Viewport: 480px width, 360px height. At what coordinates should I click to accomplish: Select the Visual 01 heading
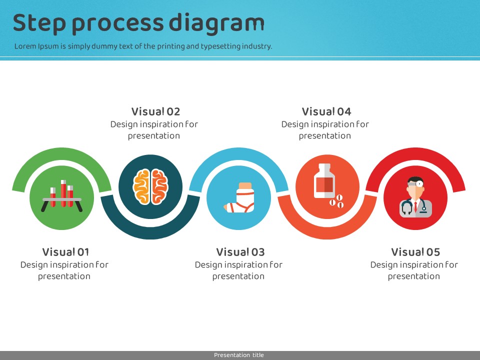pos(65,252)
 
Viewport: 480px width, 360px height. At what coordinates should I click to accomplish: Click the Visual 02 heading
pos(155,111)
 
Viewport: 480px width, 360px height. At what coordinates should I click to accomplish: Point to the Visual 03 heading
pos(240,252)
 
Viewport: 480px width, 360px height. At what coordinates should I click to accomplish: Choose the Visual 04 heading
pos(326,111)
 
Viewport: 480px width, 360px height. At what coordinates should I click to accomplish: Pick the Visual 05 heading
pos(415,252)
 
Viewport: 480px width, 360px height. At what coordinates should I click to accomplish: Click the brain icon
pos(150,186)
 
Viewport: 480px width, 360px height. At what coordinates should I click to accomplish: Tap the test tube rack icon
pos(62,196)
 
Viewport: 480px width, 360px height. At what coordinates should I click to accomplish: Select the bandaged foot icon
pos(239,198)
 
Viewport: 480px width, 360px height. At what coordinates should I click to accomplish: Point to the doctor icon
pos(415,197)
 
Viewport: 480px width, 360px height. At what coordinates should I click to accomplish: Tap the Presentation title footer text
pos(239,355)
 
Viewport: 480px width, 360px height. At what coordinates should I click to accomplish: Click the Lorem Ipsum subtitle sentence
pos(143,46)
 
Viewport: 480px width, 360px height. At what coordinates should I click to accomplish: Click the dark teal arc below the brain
pos(150,230)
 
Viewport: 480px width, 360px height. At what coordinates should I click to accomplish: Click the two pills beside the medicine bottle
pos(336,201)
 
